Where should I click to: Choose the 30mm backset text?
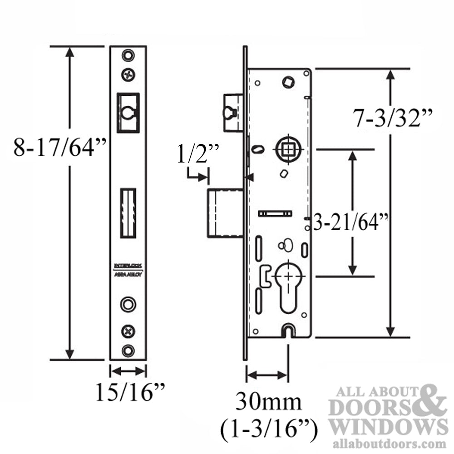click(268, 402)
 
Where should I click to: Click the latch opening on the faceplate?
click(128, 113)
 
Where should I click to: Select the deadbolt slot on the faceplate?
click(128, 213)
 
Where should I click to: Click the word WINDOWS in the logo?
click(389, 427)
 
